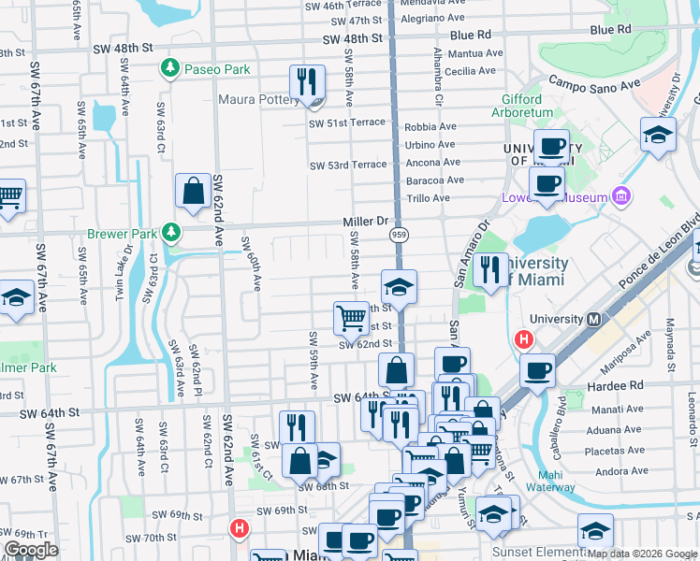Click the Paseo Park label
tap(217, 69)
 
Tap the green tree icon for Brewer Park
tap(170, 230)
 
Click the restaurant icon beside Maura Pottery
tap(307, 83)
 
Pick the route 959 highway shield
tap(398, 236)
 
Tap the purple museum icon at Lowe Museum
tap(620, 196)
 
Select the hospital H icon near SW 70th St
tap(240, 528)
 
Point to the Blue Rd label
tap(611, 31)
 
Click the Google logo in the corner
tap(31, 550)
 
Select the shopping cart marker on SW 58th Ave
tap(351, 318)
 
